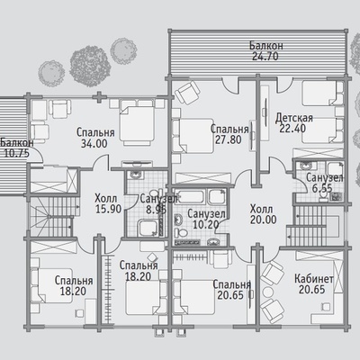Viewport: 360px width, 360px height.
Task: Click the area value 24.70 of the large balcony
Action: (265, 56)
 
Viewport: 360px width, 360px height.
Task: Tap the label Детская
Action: (294, 118)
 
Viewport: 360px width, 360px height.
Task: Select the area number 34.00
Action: (94, 143)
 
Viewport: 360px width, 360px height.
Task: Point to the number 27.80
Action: (229, 139)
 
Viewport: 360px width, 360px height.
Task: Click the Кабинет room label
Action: (314, 279)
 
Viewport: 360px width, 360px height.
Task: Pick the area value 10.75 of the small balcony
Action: (16, 153)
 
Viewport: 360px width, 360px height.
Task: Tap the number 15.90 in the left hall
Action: (108, 209)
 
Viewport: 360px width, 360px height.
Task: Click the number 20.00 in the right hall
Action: (264, 220)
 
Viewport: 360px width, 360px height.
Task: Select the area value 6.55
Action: (322, 188)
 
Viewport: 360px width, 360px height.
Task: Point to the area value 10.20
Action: (205, 224)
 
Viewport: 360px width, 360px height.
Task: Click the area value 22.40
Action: (292, 129)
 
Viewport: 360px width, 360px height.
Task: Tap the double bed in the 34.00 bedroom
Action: (138, 122)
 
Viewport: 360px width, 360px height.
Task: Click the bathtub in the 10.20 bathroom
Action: (190, 196)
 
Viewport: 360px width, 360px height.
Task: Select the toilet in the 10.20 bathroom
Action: (181, 232)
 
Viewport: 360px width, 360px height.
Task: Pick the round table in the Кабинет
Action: (267, 292)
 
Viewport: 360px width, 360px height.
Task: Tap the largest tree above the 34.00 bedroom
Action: (90, 67)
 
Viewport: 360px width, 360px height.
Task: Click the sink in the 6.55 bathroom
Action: (305, 166)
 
